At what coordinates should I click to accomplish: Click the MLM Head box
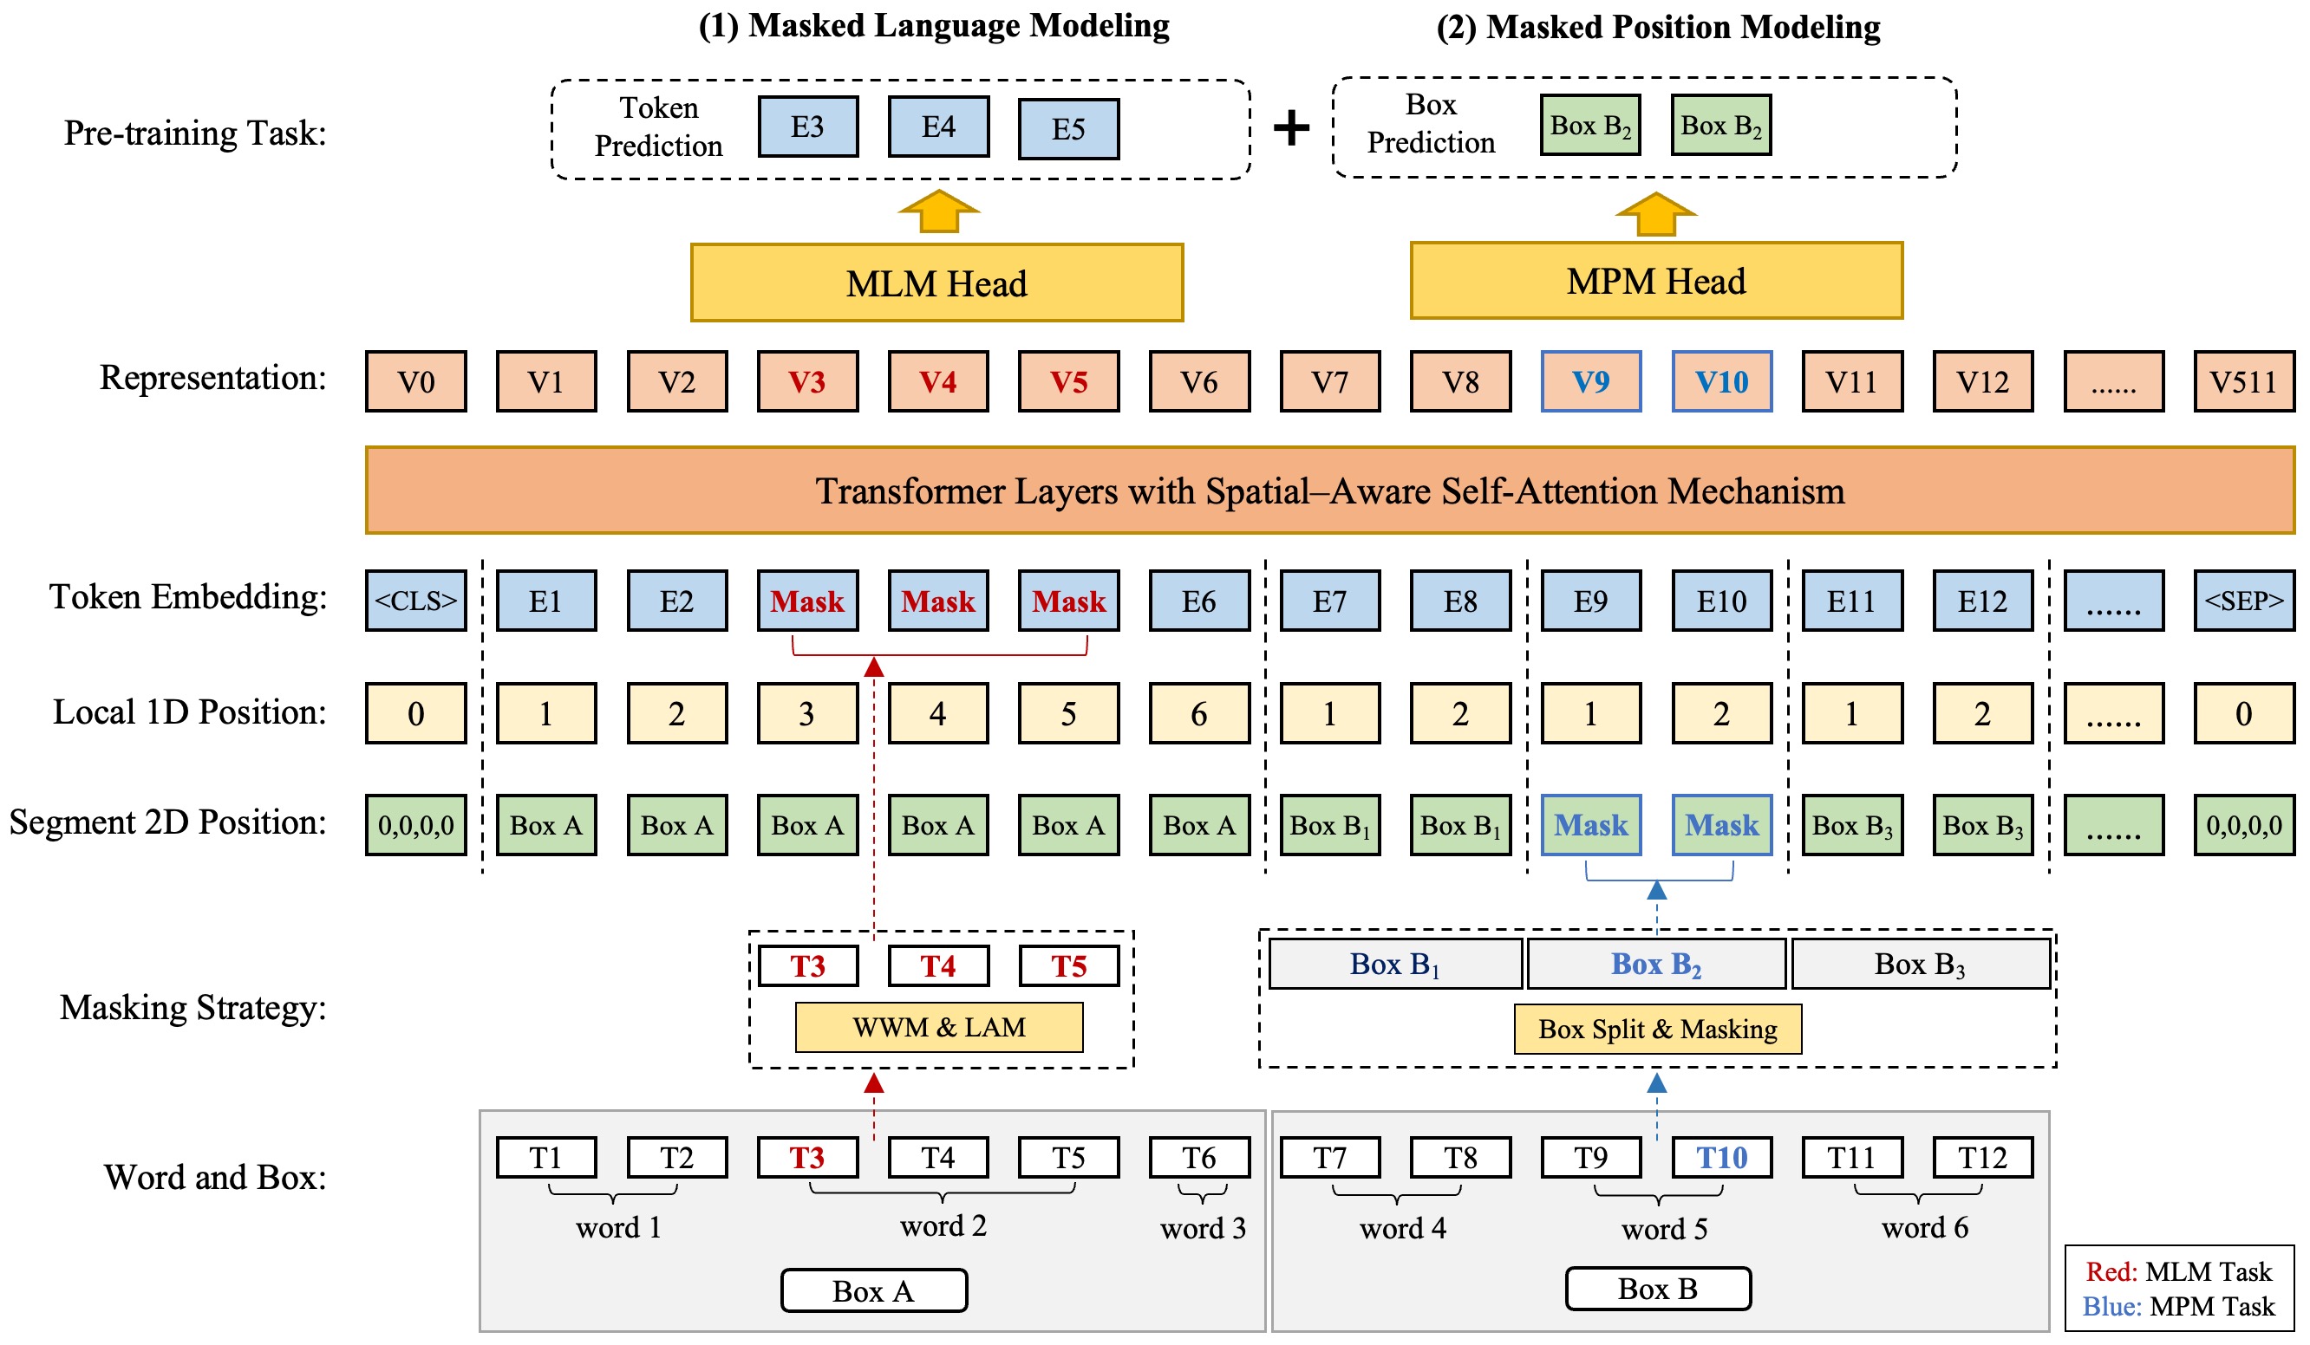pos(936,283)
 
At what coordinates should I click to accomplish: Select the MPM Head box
pos(1655,281)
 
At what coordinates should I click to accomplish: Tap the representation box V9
pos(1590,381)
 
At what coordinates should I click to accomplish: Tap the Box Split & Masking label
pos(1656,1029)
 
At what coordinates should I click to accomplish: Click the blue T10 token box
pos(1720,1157)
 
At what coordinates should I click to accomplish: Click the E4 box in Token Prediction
pos(937,127)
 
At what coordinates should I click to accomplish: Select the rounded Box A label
pos(873,1290)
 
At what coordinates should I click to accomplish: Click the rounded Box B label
pos(1657,1288)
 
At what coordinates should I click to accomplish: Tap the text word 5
pos(1664,1228)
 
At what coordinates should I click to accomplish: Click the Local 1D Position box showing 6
pos(1199,713)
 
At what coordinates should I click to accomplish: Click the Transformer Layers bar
pos(1329,491)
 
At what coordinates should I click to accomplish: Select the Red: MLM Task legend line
pos(2178,1271)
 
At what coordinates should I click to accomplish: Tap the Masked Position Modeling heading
pos(1657,26)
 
